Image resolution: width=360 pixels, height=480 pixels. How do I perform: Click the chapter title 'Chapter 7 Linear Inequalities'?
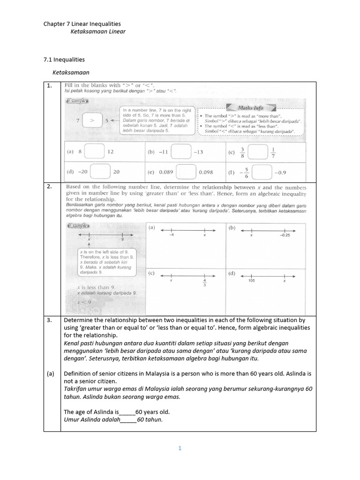82,23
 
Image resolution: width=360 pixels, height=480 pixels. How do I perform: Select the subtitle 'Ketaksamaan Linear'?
98,31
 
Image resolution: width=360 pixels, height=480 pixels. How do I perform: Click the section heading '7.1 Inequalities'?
64,60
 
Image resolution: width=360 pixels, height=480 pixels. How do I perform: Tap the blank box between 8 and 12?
94,152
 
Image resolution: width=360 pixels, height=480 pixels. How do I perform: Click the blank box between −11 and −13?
180,152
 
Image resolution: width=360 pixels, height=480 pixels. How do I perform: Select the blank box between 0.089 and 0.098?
186,172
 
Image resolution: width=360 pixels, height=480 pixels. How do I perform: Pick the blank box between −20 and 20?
100,172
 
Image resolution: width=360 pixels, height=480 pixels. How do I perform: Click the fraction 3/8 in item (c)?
242,152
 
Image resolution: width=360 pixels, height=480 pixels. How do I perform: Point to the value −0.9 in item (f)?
280,172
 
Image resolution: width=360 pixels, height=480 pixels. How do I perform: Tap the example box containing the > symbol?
92,120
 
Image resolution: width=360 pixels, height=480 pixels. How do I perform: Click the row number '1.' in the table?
49,86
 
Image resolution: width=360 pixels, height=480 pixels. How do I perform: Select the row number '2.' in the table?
49,187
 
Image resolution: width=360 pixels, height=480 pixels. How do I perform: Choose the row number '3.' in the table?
49,319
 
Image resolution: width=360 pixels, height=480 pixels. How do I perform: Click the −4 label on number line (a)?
172,235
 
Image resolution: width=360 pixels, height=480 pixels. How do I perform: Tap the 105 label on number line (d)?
252,281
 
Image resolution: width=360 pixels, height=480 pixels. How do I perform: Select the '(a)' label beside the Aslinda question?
50,374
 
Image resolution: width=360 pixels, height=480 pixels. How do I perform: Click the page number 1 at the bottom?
180,448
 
